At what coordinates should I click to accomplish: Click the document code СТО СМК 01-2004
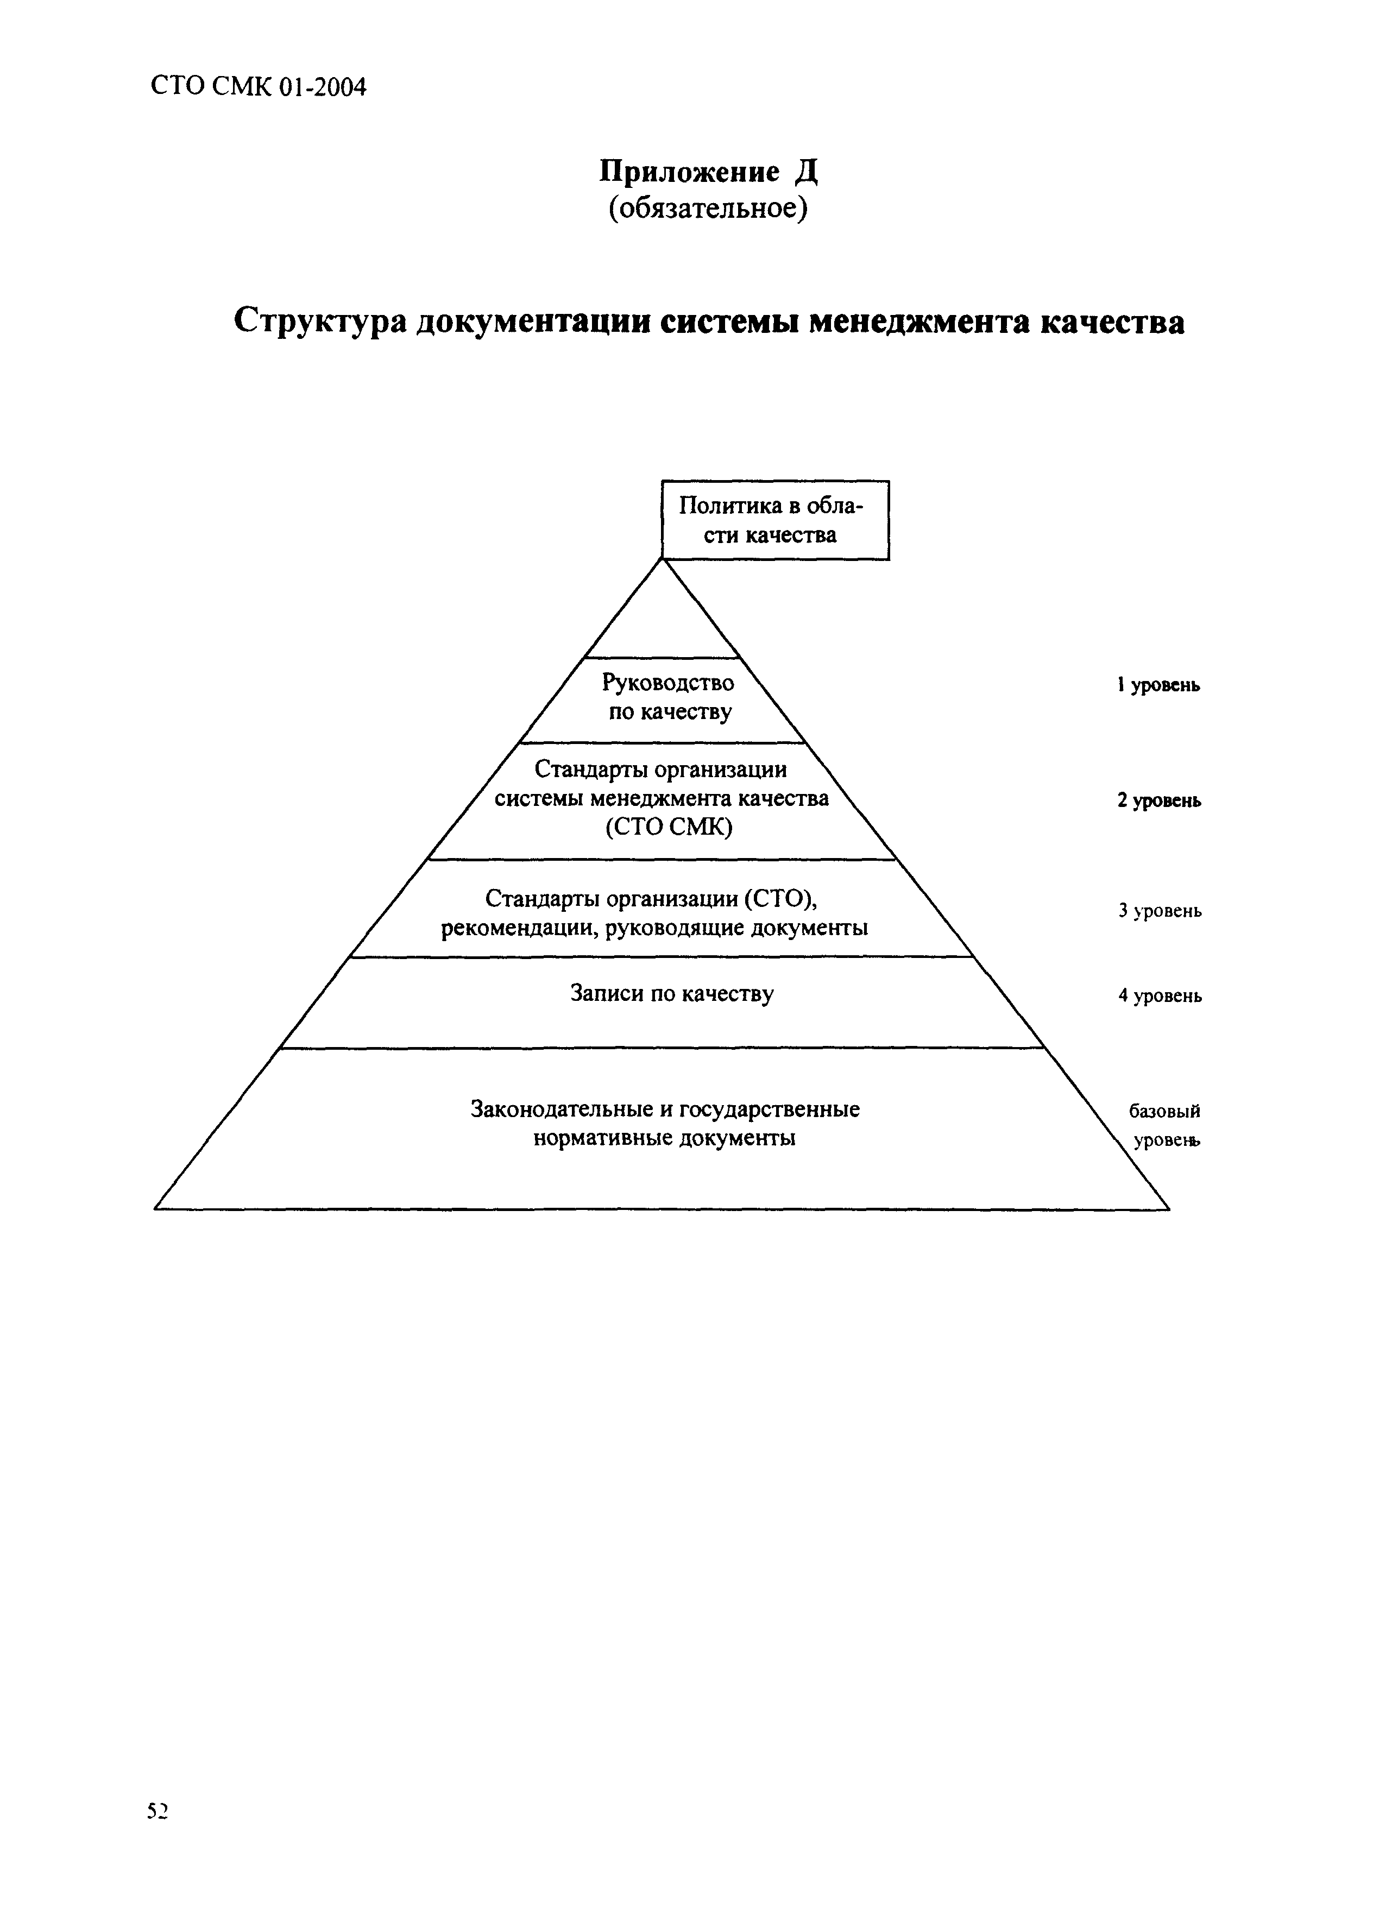click(259, 87)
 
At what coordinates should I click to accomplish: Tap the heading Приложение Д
click(708, 173)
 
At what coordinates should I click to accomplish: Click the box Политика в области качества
click(774, 520)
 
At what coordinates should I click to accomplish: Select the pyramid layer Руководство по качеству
click(668, 697)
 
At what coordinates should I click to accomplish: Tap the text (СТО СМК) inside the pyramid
click(669, 827)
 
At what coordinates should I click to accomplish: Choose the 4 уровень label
click(1159, 996)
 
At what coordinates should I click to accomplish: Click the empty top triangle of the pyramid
click(663, 621)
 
